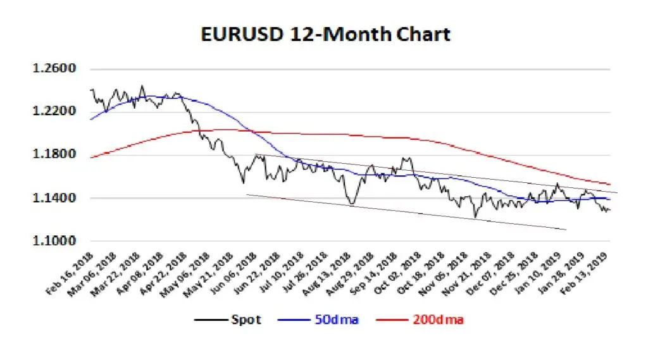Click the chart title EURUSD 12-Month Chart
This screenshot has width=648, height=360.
point(325,34)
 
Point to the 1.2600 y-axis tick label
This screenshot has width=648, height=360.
point(54,68)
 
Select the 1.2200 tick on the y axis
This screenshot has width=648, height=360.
point(54,111)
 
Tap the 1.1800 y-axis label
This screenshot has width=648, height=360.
point(54,154)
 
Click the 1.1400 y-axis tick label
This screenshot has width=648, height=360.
point(54,197)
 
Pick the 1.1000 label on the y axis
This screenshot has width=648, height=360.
point(54,240)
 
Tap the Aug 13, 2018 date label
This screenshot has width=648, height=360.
point(327,273)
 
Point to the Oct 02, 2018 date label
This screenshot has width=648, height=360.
point(397,273)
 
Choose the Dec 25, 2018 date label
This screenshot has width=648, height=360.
point(514,273)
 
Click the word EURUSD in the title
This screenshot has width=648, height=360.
point(241,34)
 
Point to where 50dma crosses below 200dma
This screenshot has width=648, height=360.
point(251,132)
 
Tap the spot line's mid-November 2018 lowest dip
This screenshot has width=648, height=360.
point(475,217)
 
